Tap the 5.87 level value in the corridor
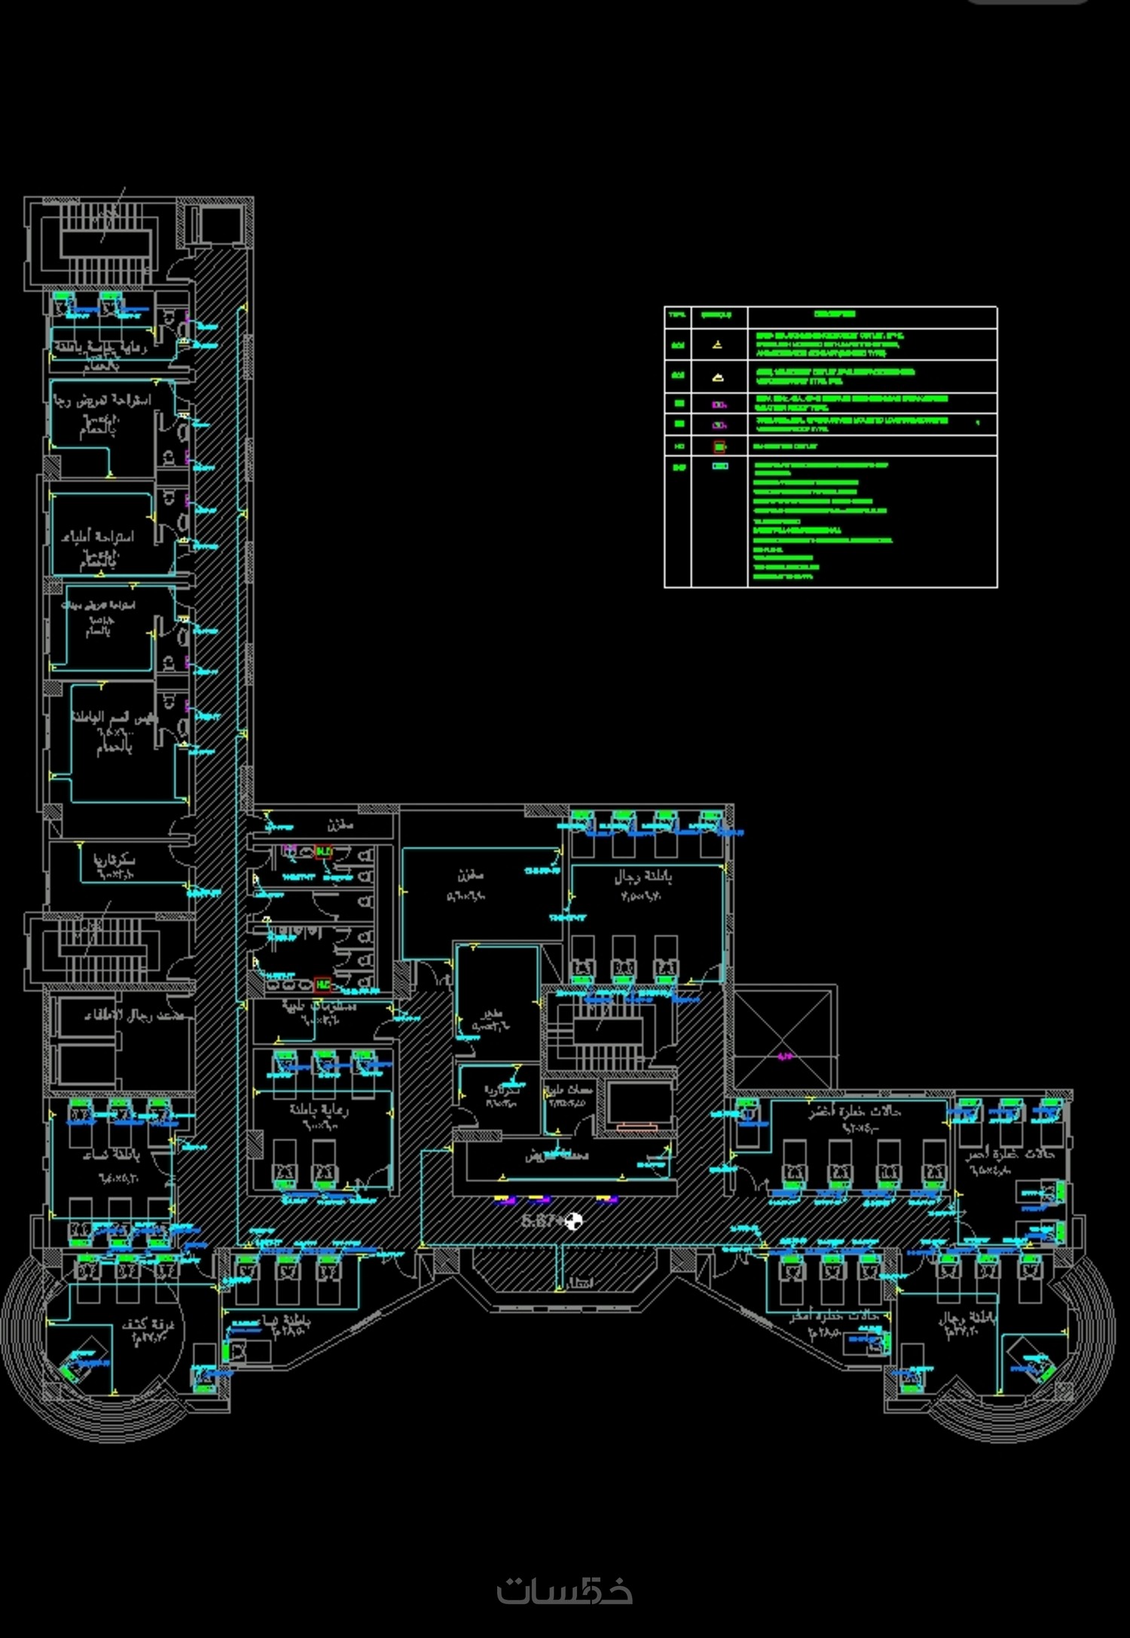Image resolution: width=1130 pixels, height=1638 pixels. [x=539, y=1221]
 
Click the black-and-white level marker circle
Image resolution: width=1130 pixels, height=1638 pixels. [x=574, y=1221]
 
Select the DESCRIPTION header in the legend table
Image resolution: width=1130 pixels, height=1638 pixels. [x=835, y=314]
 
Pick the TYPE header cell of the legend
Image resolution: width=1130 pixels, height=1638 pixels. [x=677, y=315]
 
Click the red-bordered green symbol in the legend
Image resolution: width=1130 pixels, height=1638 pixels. [x=719, y=447]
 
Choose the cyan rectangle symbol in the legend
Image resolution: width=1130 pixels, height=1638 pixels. [x=720, y=466]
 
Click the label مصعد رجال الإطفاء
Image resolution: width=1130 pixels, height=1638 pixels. [x=134, y=1016]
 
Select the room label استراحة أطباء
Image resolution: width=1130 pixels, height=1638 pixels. [x=98, y=536]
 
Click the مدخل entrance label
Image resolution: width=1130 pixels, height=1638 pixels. [x=580, y=1283]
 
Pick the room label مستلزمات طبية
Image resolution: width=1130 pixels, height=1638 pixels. [x=319, y=1005]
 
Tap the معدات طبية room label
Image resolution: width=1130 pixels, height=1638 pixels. [x=570, y=1089]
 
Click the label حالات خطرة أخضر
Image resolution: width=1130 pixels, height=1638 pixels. [x=855, y=1112]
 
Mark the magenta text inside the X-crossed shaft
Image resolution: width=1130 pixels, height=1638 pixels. [x=786, y=1057]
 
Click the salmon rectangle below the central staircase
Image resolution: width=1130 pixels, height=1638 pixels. [x=637, y=1127]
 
